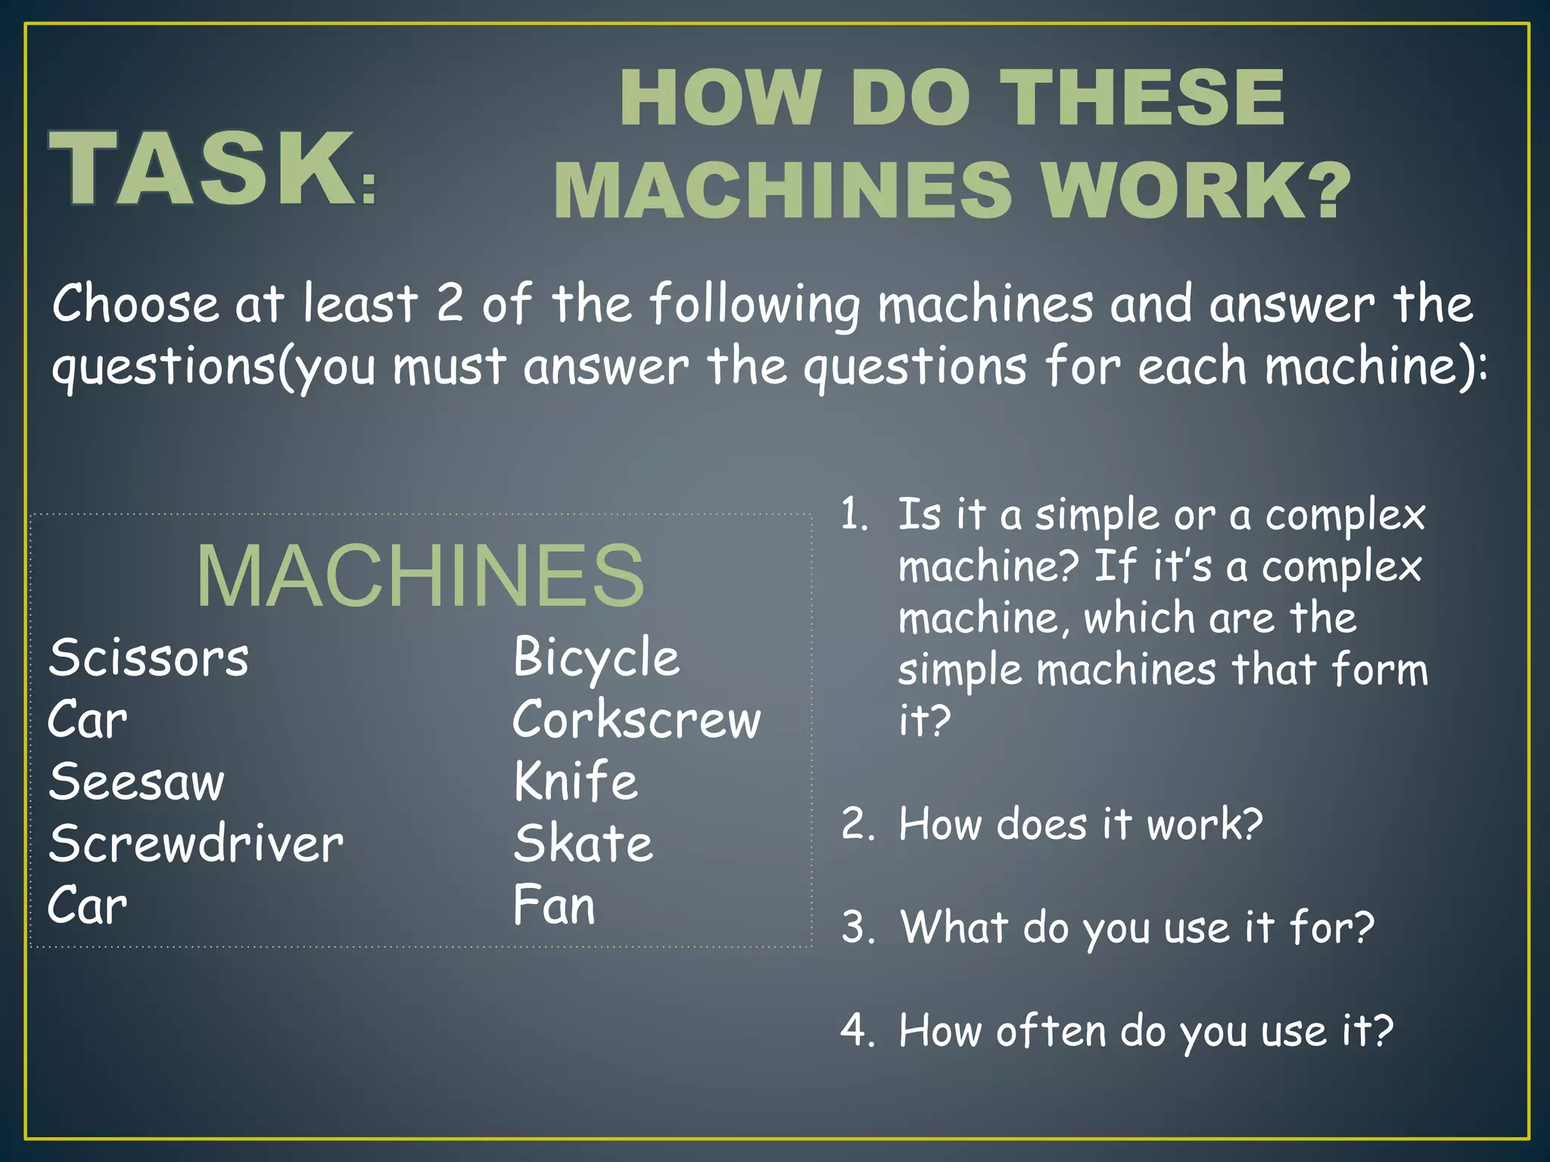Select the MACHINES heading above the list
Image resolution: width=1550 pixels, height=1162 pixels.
coord(420,576)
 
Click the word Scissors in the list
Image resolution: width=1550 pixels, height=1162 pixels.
coord(148,657)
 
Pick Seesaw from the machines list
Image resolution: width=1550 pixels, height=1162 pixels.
coord(137,781)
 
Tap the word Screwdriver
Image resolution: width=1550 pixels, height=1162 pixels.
coord(196,844)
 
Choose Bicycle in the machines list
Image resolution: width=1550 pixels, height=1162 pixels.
coord(596,657)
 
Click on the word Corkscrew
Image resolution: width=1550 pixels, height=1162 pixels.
coord(636,719)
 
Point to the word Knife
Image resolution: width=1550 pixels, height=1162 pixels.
coord(576,781)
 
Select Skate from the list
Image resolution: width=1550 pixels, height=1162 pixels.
coord(583,844)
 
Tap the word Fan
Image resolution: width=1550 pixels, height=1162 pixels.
coord(554,906)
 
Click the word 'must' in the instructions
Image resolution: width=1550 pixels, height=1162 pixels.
coord(449,367)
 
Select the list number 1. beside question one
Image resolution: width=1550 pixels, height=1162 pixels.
coord(855,515)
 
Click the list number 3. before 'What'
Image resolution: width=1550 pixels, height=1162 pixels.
coord(857,927)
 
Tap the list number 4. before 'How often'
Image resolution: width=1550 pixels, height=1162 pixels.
coord(857,1031)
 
